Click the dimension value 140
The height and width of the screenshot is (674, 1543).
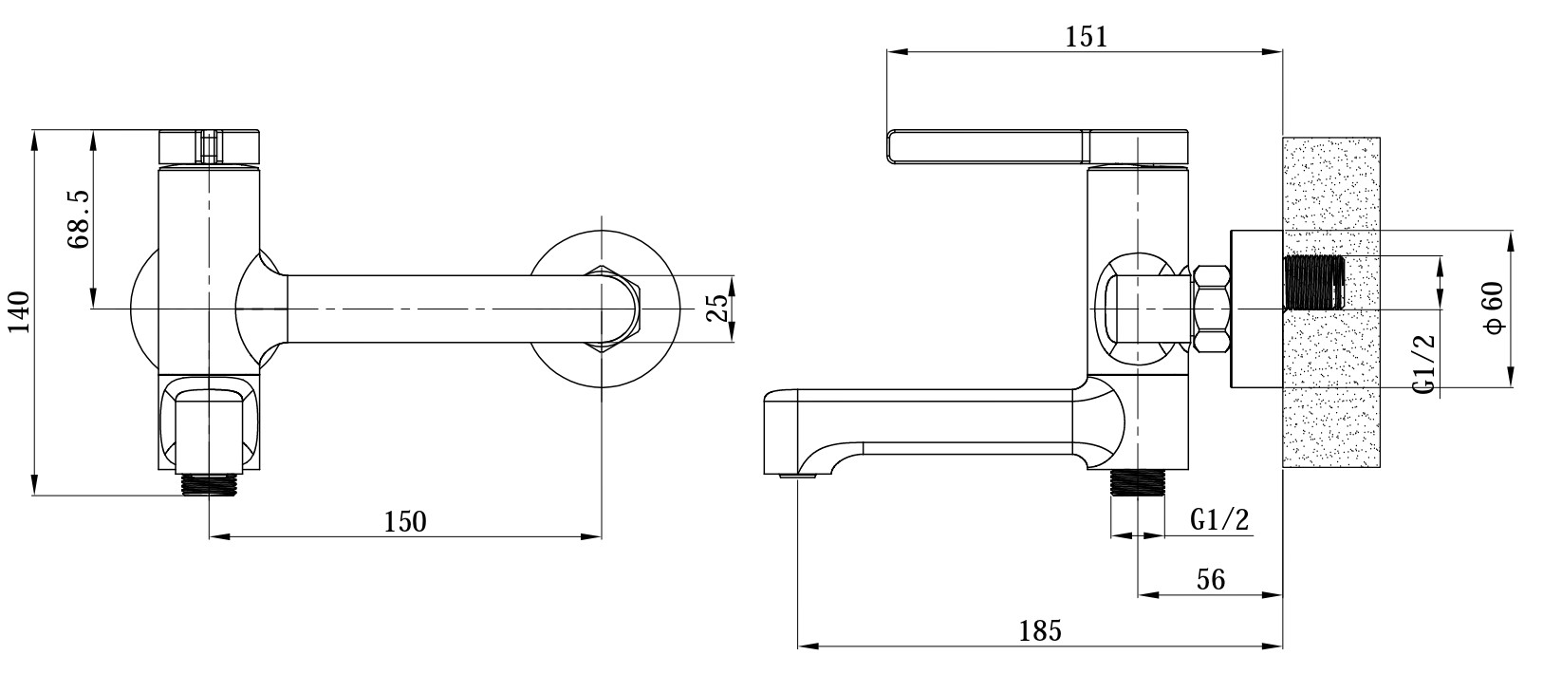point(21,311)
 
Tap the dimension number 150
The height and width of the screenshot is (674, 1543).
point(405,521)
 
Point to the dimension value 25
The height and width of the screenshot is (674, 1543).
point(718,309)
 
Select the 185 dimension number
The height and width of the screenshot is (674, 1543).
point(1040,629)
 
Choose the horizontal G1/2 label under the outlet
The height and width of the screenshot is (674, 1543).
point(1219,519)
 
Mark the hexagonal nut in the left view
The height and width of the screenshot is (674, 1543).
point(622,309)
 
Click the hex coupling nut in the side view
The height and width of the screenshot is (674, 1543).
point(1212,309)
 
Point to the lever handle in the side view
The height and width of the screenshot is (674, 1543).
point(1034,147)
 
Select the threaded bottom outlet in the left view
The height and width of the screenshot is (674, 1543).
point(208,483)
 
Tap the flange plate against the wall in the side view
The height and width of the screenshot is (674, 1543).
point(1255,309)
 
